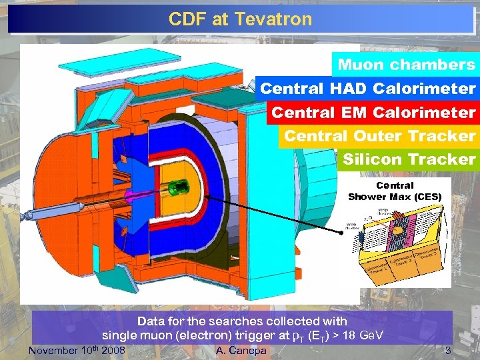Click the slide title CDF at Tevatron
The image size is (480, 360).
[240, 19]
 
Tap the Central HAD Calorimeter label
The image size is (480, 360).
[367, 89]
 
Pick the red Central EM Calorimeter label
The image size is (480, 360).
[373, 112]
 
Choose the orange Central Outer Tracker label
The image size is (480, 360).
[379, 136]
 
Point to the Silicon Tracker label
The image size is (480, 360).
[409, 159]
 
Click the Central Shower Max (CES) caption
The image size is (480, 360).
[395, 191]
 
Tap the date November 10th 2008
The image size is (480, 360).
[78, 350]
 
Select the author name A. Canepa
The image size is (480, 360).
[241, 350]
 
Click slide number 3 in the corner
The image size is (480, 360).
[448, 350]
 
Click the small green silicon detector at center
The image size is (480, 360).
[177, 189]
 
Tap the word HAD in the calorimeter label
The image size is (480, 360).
[347, 89]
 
